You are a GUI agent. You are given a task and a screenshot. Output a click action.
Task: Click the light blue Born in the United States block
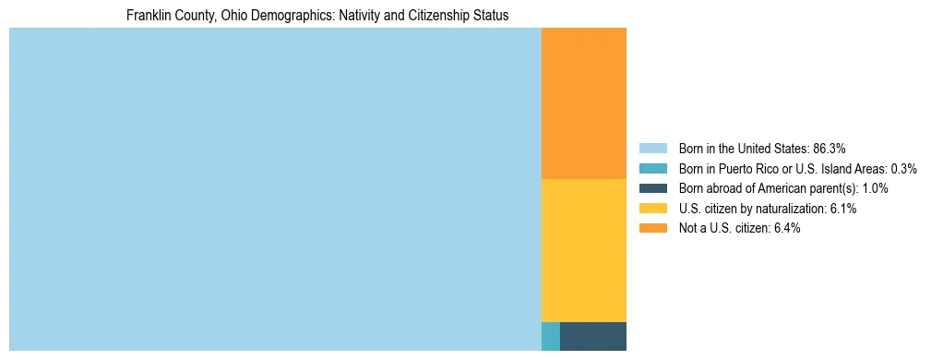[275, 189]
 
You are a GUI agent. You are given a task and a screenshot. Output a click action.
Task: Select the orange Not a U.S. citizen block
[583, 103]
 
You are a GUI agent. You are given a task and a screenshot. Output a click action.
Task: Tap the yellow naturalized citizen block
[583, 249]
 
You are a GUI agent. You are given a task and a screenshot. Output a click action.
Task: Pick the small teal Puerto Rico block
[550, 336]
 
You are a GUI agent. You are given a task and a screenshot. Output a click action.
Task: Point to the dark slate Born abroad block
[592, 336]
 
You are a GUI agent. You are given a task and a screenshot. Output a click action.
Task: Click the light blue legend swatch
[652, 148]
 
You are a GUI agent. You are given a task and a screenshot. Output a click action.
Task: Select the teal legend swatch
[652, 168]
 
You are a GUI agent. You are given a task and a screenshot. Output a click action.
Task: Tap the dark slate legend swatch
[652, 188]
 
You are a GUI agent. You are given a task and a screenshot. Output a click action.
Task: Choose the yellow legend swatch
[652, 209]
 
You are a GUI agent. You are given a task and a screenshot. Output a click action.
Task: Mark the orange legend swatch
[652, 229]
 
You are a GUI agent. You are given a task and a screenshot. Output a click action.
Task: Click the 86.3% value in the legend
[829, 148]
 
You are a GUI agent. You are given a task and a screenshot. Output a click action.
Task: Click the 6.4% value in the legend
[785, 229]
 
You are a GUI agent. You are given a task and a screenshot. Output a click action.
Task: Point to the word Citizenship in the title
[434, 16]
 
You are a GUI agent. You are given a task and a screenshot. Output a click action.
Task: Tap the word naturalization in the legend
[791, 209]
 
